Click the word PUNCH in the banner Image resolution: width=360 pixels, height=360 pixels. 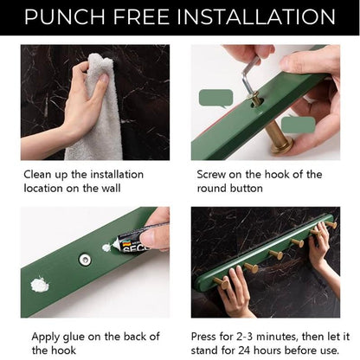65,16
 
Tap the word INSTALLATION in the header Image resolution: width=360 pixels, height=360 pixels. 256,16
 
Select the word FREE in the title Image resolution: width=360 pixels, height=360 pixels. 141,16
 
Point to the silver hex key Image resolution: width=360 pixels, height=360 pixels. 249,76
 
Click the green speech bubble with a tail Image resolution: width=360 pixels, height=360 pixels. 215,99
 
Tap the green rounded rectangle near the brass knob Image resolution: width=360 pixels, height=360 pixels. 299,125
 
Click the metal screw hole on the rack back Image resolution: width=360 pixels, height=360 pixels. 85,260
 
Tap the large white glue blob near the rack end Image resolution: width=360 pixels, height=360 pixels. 40,284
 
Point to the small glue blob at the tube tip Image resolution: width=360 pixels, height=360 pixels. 109,247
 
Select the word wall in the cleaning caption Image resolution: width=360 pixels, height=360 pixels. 111,189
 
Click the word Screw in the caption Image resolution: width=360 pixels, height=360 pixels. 211,175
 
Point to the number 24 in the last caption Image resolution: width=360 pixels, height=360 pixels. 244,350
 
